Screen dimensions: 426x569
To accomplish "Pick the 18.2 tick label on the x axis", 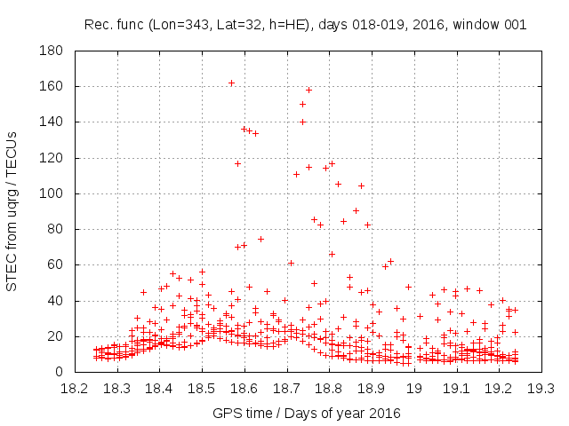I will click(x=75, y=388).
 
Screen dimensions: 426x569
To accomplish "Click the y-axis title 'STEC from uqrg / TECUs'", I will click(x=12, y=211).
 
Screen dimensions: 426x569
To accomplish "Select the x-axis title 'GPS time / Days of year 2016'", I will click(x=308, y=413).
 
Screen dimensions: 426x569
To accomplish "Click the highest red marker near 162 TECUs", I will click(x=231, y=83).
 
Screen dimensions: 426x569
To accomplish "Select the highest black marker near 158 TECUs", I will click(x=309, y=90).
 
